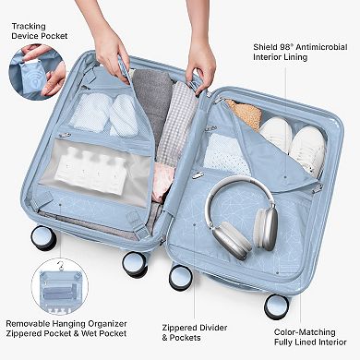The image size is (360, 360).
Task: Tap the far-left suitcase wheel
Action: click(x=42, y=238)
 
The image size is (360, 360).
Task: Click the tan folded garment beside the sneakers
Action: click(x=245, y=114)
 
